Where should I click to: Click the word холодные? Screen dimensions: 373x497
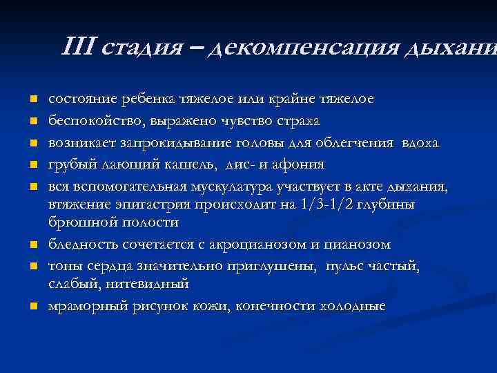click(x=353, y=306)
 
